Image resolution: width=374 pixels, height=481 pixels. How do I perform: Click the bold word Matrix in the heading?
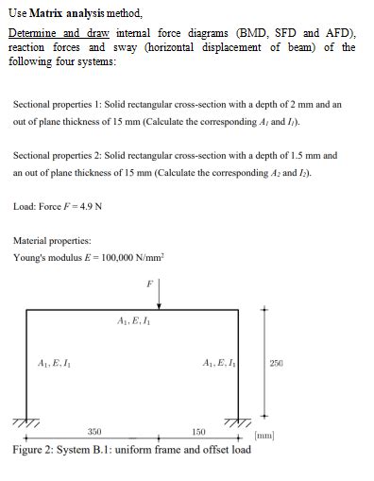49,13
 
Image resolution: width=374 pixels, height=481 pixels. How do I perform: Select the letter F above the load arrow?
149,282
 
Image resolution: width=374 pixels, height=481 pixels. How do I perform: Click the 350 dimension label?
93,431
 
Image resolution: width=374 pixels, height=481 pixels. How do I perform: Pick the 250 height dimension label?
276,363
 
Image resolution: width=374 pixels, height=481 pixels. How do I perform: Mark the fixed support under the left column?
25,421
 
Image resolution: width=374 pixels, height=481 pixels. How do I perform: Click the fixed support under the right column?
237,421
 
